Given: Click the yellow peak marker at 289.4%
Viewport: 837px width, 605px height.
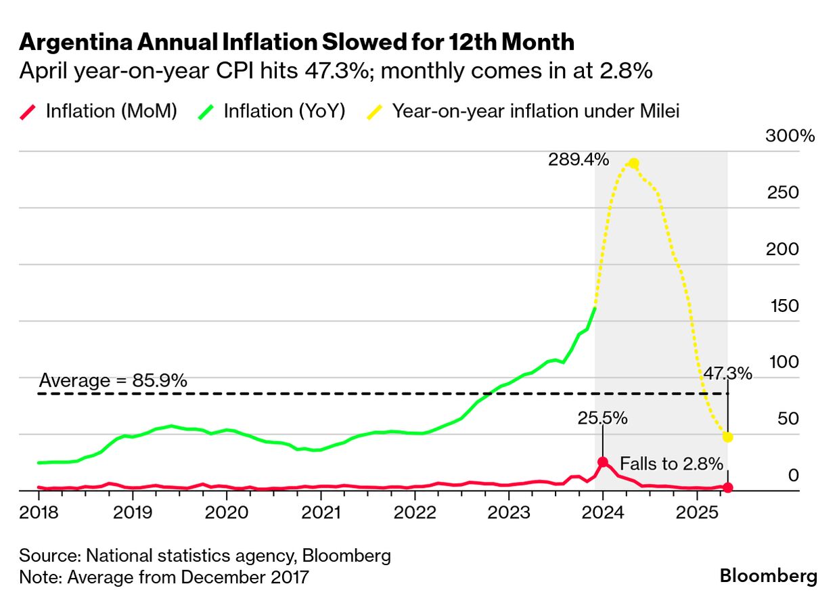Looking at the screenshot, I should point(633,164).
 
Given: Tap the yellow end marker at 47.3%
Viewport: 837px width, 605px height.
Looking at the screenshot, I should point(727,436).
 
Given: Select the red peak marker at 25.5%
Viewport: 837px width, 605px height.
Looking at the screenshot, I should point(602,462).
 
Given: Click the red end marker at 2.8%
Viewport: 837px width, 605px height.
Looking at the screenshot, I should point(727,487).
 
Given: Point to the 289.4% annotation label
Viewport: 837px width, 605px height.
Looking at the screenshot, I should point(579,160).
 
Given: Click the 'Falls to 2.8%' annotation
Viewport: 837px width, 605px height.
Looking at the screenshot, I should point(671,464).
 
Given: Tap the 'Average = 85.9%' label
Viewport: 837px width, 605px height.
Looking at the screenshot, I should point(112,380).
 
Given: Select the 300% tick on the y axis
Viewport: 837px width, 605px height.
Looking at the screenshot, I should point(790,135).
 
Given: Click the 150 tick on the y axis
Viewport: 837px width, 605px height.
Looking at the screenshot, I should point(784,306).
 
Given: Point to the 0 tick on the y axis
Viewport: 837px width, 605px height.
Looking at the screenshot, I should point(793,476).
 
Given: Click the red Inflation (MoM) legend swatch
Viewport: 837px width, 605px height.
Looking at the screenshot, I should point(29,111).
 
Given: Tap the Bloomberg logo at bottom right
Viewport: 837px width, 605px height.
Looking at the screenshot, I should point(768,576).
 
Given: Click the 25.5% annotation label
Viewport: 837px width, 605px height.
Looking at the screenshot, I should point(602,418).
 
